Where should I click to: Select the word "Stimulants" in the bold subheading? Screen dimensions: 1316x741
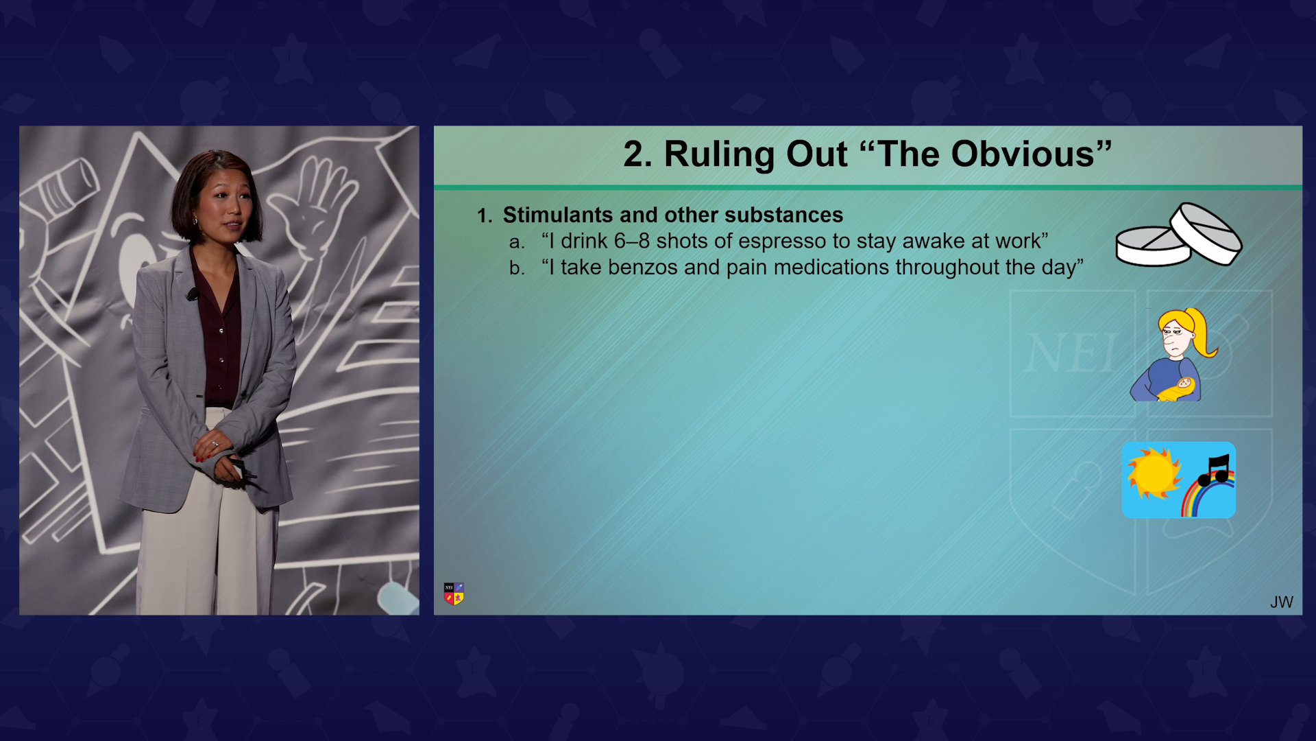coord(558,215)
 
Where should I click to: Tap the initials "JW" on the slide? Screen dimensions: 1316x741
coord(1281,602)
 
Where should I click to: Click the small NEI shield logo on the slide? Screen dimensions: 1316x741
coord(454,593)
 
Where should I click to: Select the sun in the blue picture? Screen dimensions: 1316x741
coord(1154,473)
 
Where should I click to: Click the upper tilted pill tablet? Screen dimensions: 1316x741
coord(1206,233)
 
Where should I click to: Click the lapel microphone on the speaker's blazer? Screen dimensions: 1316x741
coord(193,294)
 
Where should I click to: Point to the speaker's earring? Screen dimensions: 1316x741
coord(195,221)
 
